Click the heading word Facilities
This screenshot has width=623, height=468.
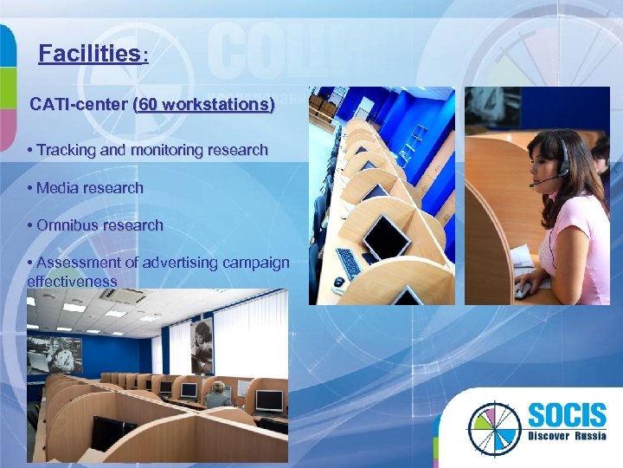coord(89,55)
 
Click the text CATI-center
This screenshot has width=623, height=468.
coord(79,105)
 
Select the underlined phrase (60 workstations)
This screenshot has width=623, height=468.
coord(203,105)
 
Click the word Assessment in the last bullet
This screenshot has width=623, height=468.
coord(76,263)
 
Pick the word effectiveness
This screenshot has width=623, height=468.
coord(72,281)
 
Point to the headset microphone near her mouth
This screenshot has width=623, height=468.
coord(534,185)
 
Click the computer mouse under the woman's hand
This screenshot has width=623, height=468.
coord(522,291)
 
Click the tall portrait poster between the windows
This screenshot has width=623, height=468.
coord(202,344)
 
